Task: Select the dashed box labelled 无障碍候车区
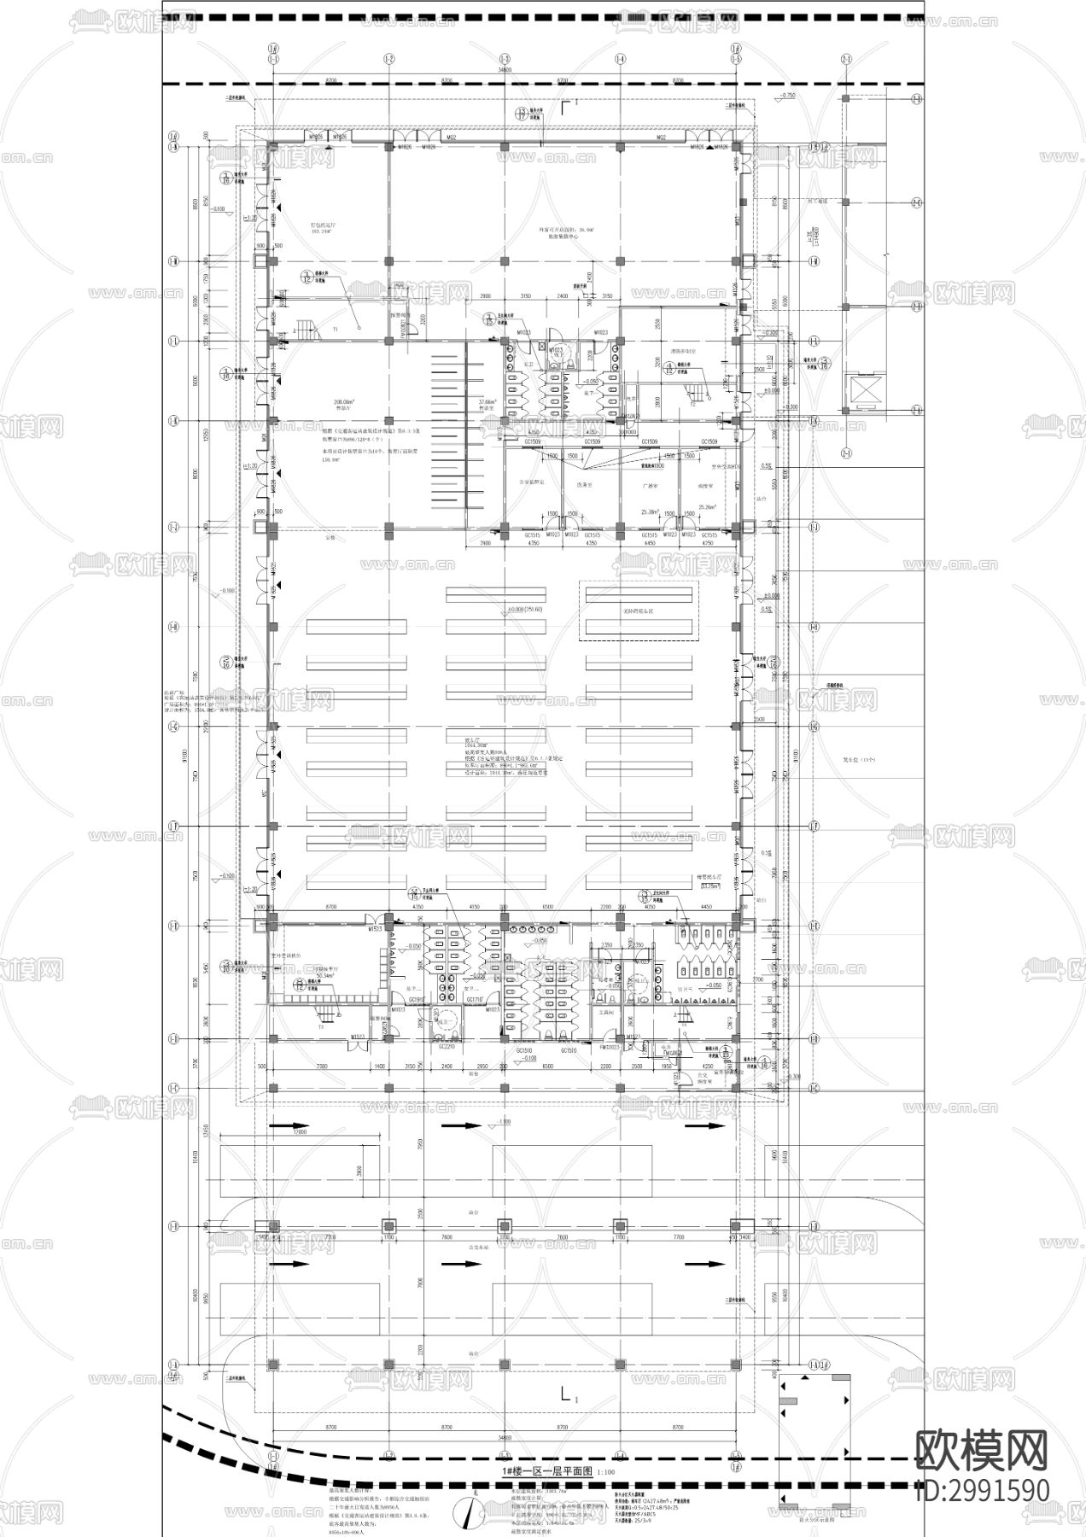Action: click(639, 611)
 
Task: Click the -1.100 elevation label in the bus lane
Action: click(504, 1122)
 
